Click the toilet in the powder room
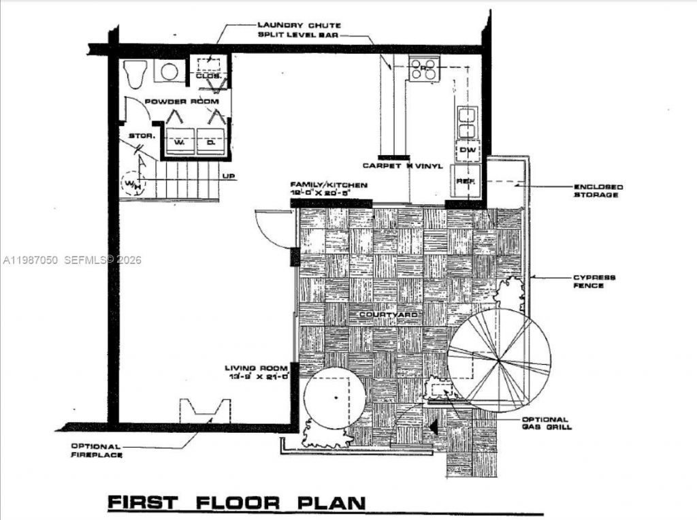[136, 73]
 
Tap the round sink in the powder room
[167, 71]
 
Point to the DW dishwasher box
[467, 150]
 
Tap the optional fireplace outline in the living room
[203, 412]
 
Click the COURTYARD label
[380, 315]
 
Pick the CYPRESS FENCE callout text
[594, 281]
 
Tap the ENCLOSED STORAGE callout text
[598, 191]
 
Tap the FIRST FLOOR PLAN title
[236, 503]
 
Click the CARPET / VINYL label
[402, 165]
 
